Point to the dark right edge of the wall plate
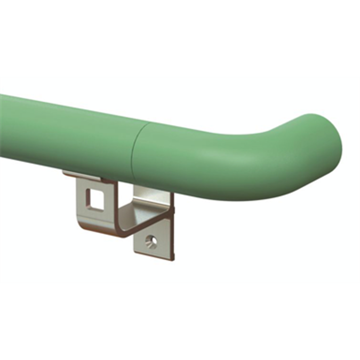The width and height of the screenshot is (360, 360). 172,229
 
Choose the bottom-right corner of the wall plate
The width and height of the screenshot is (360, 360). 173,259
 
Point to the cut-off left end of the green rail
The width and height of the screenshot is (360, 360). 2,125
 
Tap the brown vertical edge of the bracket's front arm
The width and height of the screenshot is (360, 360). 78,203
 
